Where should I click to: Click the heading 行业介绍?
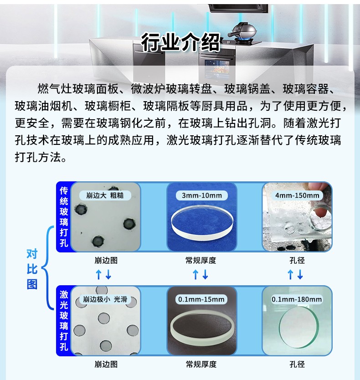180,42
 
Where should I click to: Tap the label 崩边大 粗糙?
105,195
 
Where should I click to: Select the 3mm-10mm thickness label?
202,195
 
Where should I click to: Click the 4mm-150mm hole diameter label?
297,195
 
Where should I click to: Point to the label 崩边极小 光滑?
105,299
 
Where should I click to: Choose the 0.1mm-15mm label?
201,299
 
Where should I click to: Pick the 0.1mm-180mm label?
297,299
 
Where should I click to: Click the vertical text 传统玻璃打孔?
64,217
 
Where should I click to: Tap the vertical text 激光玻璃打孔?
64,321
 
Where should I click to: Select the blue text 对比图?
32,269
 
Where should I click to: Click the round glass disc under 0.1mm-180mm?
298,328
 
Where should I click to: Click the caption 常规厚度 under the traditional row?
201,261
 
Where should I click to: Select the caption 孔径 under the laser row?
297,364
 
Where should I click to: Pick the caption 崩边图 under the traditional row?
106,261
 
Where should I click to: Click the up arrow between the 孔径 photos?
290,275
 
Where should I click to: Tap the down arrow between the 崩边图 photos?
108,275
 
